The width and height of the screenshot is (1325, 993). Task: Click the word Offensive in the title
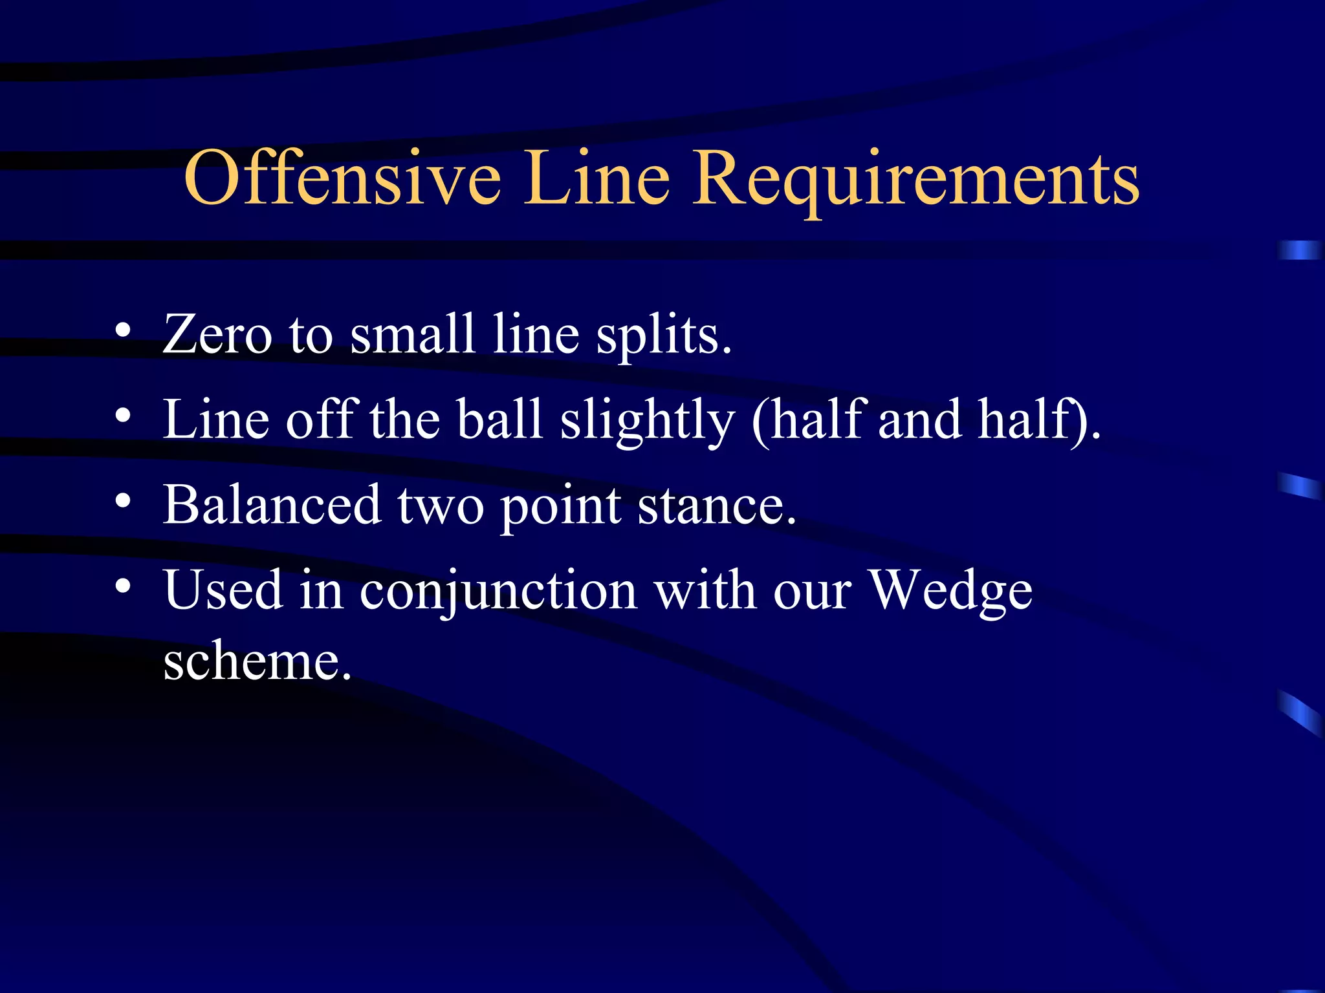point(342,178)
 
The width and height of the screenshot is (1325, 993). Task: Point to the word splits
point(663,335)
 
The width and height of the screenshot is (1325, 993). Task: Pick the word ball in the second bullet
point(499,419)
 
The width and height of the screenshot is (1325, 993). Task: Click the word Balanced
point(272,504)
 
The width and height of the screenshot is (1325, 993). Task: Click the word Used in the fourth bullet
point(223,590)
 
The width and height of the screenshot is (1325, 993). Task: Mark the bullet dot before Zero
point(123,330)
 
